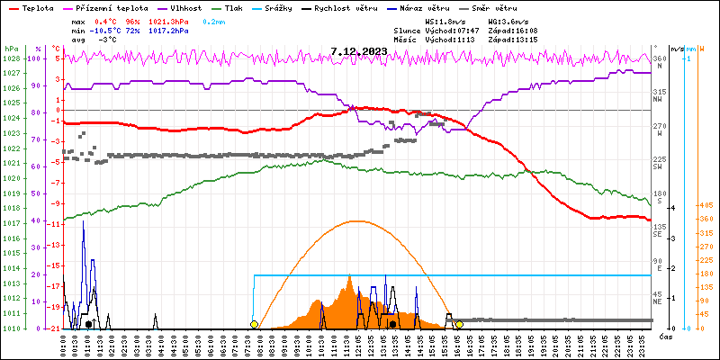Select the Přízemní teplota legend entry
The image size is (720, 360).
click(112, 7)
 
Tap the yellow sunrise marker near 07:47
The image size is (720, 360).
click(255, 324)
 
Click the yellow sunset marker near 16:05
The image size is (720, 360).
click(459, 324)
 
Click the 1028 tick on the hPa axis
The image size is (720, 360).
click(11, 58)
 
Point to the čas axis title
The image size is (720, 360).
click(666, 337)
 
